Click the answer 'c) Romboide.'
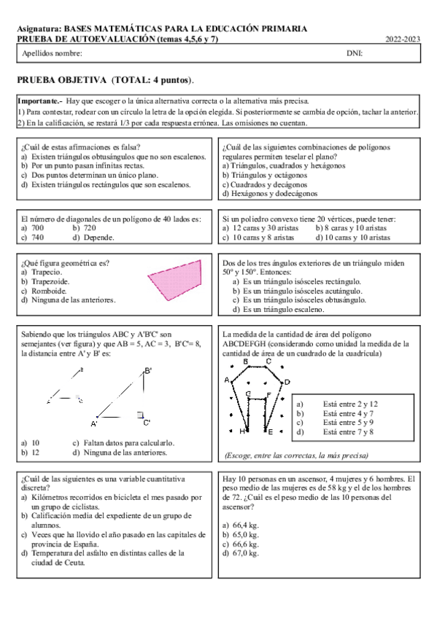pos(45,290)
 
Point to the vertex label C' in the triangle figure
pos(147,422)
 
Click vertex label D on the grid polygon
pos(287,381)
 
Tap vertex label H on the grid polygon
pos(243,431)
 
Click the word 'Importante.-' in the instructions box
pos(39,101)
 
